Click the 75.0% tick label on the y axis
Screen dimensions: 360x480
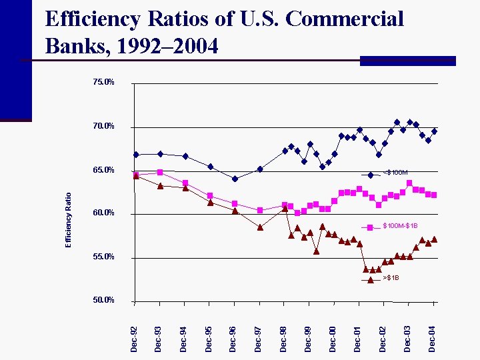coord(103,83)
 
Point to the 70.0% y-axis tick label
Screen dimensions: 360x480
coord(103,126)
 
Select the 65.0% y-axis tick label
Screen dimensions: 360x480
coord(103,170)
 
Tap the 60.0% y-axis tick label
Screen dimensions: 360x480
coord(103,213)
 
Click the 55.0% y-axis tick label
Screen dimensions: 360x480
coord(103,257)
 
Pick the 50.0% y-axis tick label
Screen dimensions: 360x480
coord(103,300)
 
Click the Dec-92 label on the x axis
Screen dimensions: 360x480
coord(134,338)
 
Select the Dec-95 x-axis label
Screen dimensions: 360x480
coord(209,338)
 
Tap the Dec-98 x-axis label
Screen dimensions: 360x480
coord(283,338)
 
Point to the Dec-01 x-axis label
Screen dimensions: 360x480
coord(358,338)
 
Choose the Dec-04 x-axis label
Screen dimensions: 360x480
coord(433,338)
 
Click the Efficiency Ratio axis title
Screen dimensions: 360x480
coord(68,219)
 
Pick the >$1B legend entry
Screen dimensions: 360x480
coord(391,278)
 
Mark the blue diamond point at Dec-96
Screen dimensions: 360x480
coord(235,179)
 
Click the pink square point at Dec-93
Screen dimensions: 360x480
coord(160,172)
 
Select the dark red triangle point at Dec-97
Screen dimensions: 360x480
coord(260,227)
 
